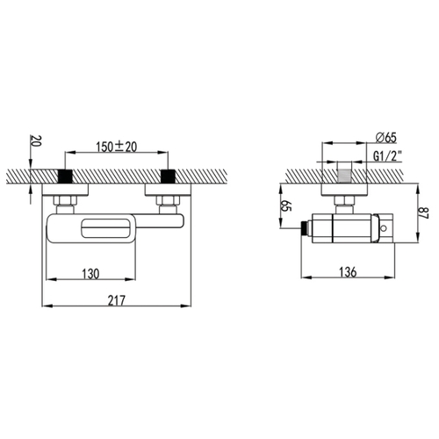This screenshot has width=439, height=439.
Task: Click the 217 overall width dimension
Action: coord(117,300)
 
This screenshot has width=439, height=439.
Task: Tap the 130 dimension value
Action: coord(90,274)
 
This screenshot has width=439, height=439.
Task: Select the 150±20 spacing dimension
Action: coord(117,147)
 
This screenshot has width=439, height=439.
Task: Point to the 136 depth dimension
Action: coord(348,272)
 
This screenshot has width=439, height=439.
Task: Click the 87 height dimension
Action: coord(424,213)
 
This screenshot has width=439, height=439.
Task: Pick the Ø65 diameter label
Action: coord(385,138)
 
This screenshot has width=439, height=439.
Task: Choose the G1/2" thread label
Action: coord(388,156)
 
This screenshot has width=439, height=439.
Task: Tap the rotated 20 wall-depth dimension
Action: coord(36,140)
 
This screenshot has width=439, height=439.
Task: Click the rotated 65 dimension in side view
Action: coord(286,206)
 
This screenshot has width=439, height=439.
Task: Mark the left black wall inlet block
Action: coord(65,176)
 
